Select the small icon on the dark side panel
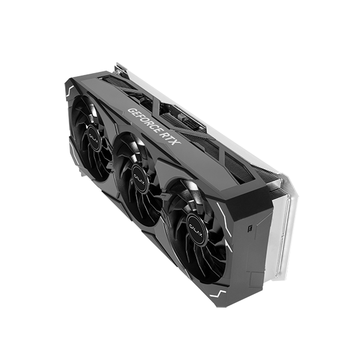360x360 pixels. pyautogui.click(x=248, y=228)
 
